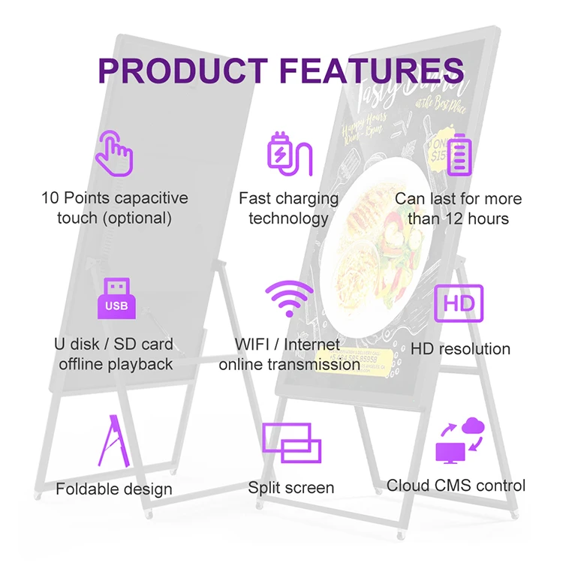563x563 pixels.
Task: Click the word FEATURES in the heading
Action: click(x=370, y=70)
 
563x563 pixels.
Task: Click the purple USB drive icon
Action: click(x=116, y=298)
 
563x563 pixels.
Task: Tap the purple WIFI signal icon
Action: click(x=289, y=300)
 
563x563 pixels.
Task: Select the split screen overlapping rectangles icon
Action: click(x=291, y=443)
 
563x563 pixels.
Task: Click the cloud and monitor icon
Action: click(x=459, y=441)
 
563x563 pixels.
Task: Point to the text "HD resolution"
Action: click(x=460, y=349)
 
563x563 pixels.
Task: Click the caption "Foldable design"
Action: click(x=114, y=489)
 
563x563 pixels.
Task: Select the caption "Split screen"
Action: click(x=291, y=488)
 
